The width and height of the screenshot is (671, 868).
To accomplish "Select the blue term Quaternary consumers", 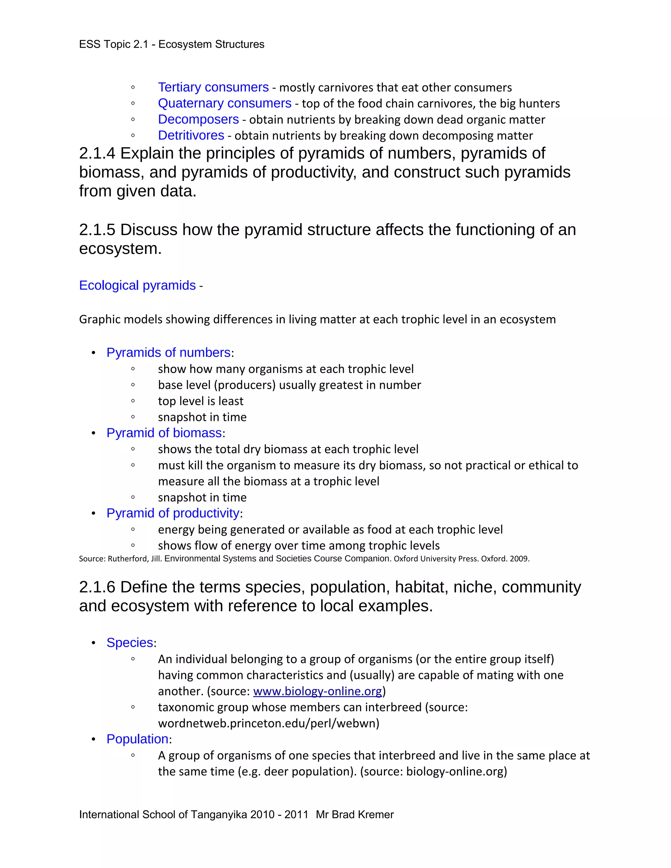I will [x=224, y=103].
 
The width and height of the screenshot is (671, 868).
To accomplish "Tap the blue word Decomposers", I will [x=198, y=119].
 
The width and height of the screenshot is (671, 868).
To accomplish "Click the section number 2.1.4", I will [x=97, y=153].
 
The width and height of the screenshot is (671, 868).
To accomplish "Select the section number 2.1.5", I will [x=97, y=230].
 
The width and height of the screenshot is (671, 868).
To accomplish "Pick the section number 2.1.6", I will [x=97, y=587].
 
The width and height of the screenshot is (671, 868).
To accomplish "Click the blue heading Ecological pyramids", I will [x=137, y=285].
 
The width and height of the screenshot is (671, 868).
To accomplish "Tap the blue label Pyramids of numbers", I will [x=168, y=352].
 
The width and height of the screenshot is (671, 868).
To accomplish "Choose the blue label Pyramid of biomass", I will [x=164, y=433].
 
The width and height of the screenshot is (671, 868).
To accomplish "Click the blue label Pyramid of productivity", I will [x=173, y=513].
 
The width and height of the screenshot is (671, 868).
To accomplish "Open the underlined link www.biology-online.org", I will [x=317, y=691].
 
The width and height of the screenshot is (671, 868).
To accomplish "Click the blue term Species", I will [x=130, y=643].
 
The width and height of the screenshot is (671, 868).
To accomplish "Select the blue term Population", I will [x=137, y=739].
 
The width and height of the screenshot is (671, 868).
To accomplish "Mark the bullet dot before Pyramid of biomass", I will [x=93, y=433].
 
